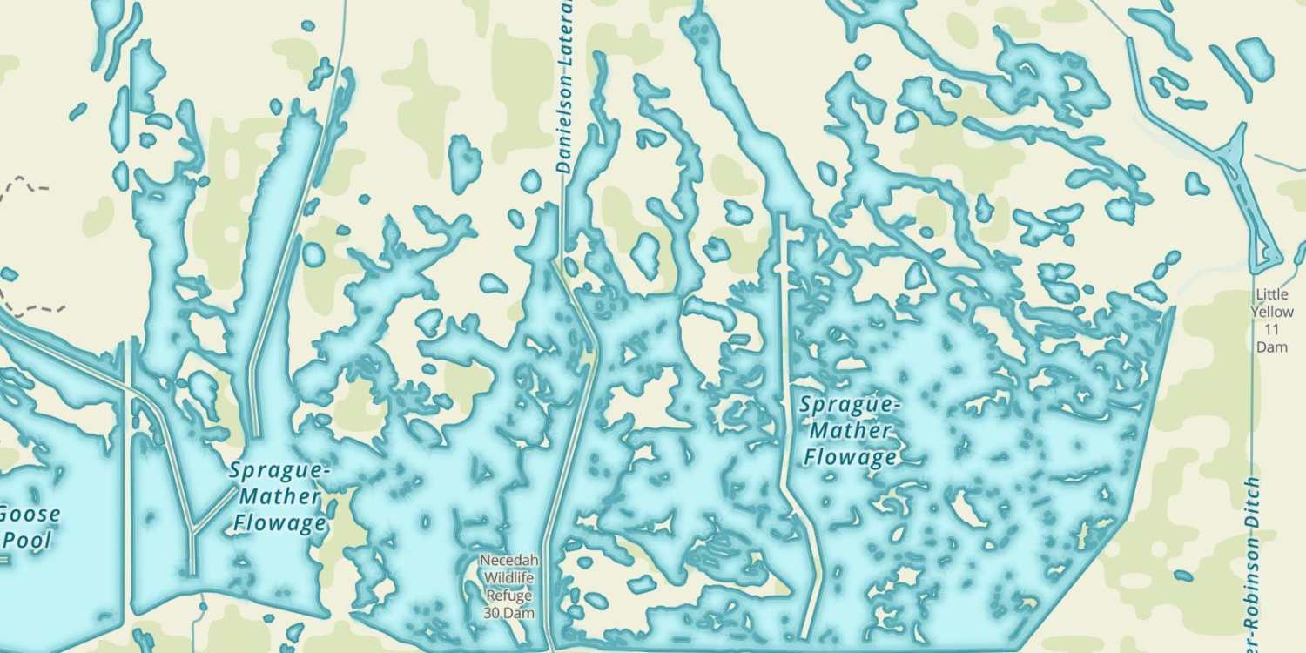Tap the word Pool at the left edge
click(x=26, y=540)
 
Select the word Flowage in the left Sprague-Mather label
click(x=279, y=523)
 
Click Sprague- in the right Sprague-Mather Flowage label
click(x=849, y=405)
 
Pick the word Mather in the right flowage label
click(x=850, y=431)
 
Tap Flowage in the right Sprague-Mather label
click(x=850, y=457)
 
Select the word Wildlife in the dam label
click(x=509, y=577)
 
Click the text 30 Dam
click(x=509, y=612)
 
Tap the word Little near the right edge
click(x=1272, y=294)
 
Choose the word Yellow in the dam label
click(x=1272, y=312)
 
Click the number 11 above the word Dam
click(x=1272, y=329)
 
